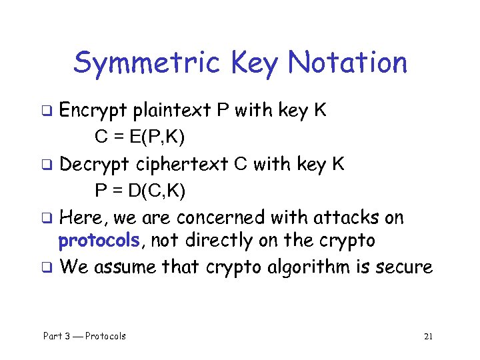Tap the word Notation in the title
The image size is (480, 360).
[347, 63]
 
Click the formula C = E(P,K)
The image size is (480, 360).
[140, 137]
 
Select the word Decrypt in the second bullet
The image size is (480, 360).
[95, 164]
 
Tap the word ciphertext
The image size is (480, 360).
[184, 164]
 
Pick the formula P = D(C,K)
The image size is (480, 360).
[141, 191]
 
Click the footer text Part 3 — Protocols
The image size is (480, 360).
[85, 336]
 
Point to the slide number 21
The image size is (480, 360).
[428, 336]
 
